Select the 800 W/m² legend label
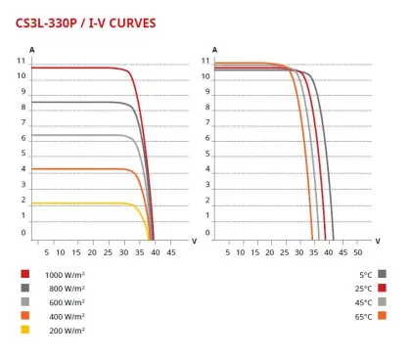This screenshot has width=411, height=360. (67, 289)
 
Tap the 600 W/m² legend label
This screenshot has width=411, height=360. (67, 302)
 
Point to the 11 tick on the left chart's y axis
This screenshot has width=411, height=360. (21, 61)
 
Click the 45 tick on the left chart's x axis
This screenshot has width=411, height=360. (171, 253)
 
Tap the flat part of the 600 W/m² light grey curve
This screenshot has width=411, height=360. (88, 135)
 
